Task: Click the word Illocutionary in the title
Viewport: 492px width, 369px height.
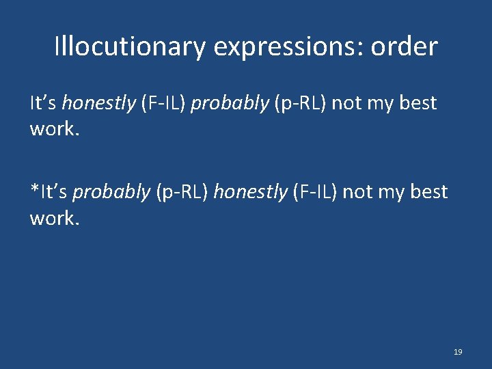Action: tap(129, 47)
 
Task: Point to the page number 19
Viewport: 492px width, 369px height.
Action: tap(458, 352)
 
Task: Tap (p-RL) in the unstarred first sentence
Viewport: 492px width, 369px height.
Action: tap(289, 104)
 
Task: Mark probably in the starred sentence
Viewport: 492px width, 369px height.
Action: tap(111, 193)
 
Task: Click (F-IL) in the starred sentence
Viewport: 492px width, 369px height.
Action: tap(314, 193)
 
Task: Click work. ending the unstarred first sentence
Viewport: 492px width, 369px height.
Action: tap(55, 128)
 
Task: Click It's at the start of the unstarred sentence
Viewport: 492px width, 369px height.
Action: tap(43, 104)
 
